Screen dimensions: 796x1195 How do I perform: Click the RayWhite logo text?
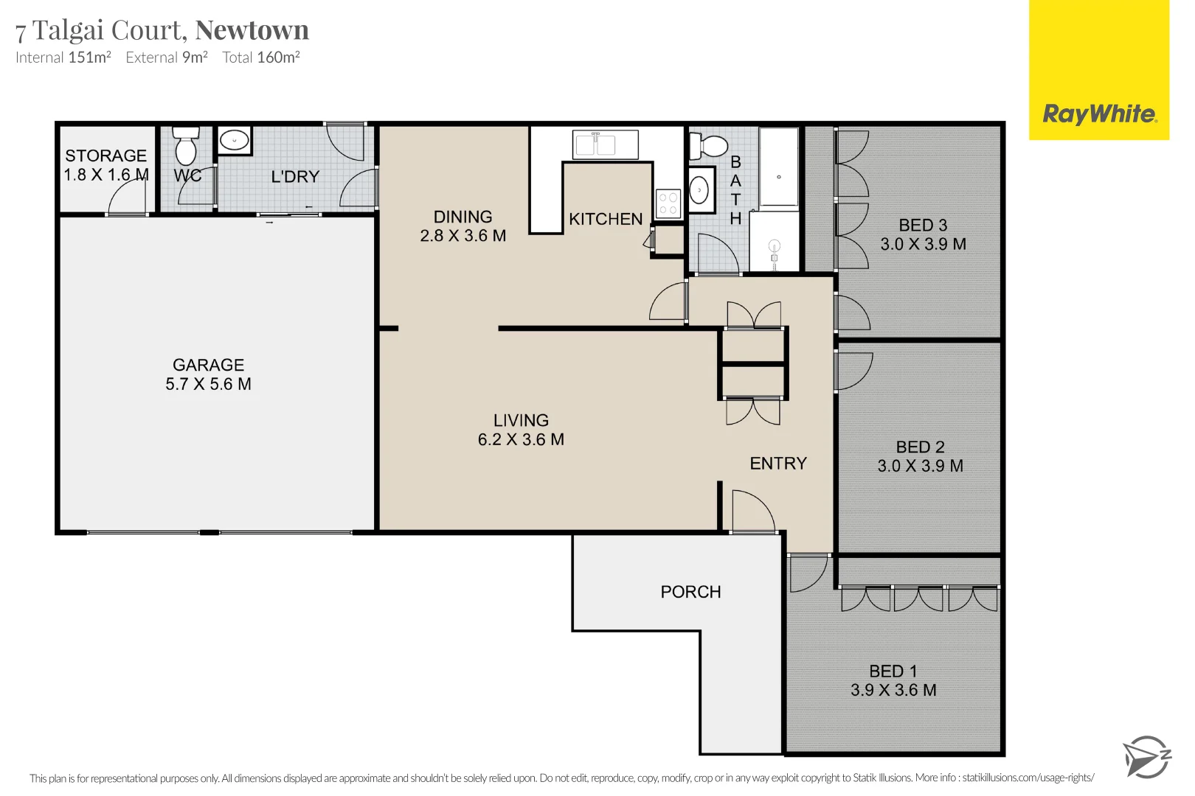1098,114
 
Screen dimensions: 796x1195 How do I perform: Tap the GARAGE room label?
208,365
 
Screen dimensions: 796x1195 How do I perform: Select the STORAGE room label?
105,156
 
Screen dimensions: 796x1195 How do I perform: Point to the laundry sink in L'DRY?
235,140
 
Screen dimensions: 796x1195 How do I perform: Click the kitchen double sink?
596,144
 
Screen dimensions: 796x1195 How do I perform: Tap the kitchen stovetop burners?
668,204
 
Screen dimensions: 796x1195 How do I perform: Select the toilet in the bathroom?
709,146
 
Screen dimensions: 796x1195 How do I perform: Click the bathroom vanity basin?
699,191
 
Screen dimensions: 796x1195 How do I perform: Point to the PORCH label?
690,592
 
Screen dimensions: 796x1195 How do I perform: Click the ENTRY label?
778,464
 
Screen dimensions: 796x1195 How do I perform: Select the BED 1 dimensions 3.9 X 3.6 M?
893,691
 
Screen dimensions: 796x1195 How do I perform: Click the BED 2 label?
920,447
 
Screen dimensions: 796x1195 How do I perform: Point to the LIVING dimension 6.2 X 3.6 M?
521,440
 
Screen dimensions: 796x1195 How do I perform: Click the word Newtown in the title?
252,30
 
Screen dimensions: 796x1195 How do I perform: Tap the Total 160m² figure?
261,57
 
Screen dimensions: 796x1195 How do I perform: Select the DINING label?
463,217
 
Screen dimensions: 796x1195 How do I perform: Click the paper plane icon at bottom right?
1146,757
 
